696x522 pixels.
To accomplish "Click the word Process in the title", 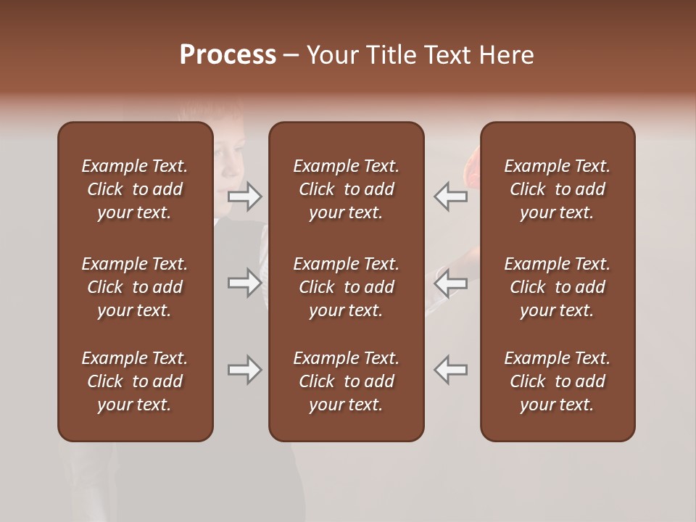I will (x=228, y=55).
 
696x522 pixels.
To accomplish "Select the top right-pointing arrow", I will (x=244, y=196).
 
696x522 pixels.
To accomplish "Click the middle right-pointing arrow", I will (x=244, y=283).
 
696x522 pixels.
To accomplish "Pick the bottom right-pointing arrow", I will (x=244, y=370).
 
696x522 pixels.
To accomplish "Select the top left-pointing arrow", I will (x=450, y=196).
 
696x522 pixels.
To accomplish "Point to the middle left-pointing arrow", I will (x=450, y=283).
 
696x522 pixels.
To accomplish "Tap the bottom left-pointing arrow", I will (x=450, y=370).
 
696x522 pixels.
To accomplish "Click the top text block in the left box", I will (x=135, y=189).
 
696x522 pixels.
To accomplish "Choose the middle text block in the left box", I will (x=135, y=287).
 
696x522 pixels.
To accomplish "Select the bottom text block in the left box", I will (x=135, y=381).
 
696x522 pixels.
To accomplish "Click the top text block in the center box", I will (x=346, y=189).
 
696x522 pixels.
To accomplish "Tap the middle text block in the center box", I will (x=346, y=287).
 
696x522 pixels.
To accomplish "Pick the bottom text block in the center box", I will (x=346, y=381).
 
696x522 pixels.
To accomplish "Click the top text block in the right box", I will (x=557, y=189).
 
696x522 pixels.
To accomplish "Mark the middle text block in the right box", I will (x=557, y=287).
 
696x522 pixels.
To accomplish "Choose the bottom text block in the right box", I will (x=557, y=381).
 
